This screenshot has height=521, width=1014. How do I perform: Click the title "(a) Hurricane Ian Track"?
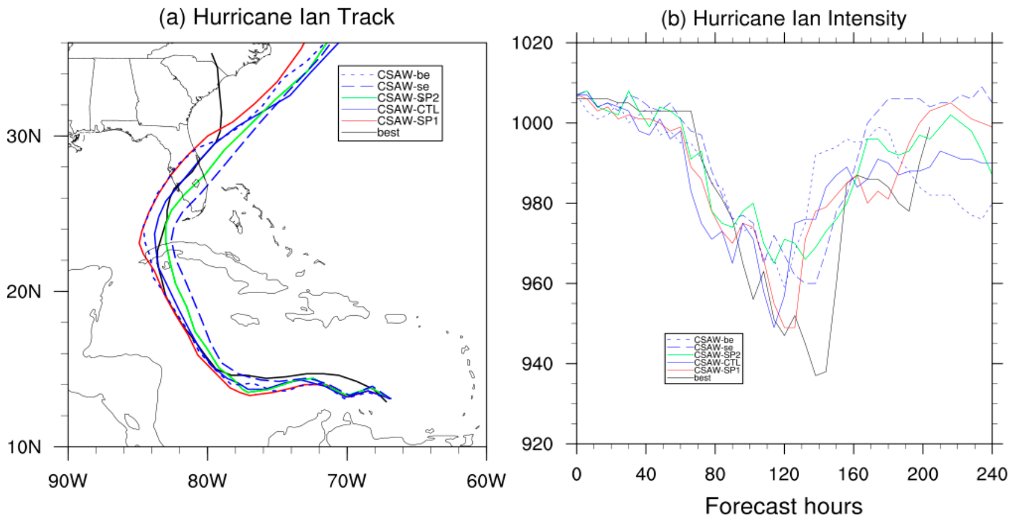[277, 17]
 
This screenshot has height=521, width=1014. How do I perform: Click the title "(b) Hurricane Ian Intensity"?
[784, 19]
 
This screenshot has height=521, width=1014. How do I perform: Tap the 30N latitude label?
[24, 136]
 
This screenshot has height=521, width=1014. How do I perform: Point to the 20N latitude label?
[24, 292]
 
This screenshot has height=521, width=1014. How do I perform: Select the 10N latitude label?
[24, 447]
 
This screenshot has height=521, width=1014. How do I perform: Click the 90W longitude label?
[68, 481]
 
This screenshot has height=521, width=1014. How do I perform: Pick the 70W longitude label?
[347, 481]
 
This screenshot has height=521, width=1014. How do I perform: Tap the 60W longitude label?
[486, 481]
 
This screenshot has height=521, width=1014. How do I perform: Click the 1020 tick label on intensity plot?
[532, 44]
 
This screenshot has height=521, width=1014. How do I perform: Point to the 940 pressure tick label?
[538, 364]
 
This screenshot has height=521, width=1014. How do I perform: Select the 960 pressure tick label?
[538, 284]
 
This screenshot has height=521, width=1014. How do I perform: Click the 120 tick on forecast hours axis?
[784, 474]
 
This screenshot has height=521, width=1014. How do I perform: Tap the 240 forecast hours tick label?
[991, 474]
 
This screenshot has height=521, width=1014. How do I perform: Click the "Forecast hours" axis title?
[784, 506]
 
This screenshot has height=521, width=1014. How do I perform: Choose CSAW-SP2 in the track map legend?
[408, 98]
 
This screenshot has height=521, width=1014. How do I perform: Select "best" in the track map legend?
[388, 133]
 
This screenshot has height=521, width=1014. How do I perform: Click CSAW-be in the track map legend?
[403, 75]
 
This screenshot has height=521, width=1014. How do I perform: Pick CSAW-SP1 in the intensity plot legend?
[717, 370]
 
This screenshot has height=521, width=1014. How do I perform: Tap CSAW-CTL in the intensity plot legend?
[717, 362]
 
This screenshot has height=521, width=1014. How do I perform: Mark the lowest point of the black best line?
[816, 376]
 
